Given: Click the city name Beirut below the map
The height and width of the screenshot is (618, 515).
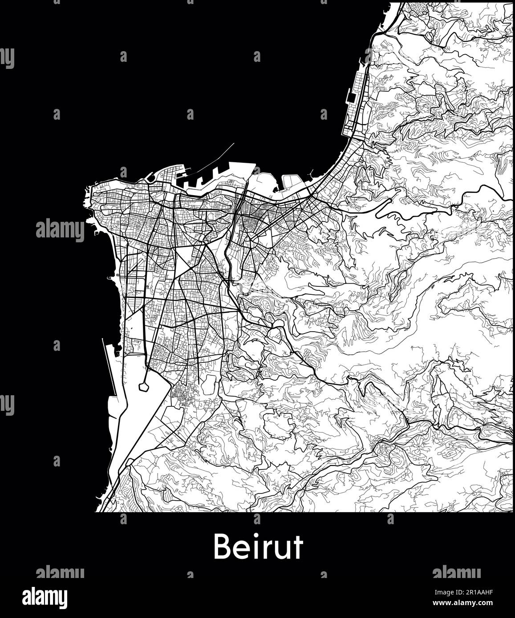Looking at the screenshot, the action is (258, 546).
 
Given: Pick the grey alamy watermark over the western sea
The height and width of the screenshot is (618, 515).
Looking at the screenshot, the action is (60, 230).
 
